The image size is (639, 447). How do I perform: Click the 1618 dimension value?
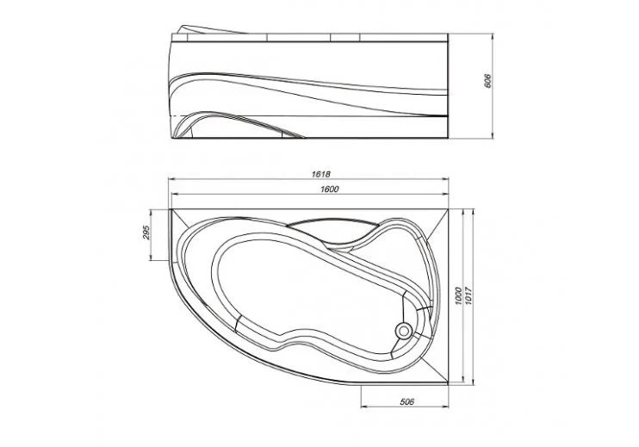320,174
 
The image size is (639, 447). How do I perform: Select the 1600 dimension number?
330,189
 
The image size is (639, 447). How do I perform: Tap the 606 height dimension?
487,81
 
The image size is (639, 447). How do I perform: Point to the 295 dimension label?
147,233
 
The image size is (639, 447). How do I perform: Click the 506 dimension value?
406,401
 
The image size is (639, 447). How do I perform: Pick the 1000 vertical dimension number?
458,295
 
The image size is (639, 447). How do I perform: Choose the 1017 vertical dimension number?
468,295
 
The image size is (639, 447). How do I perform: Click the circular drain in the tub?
404,331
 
